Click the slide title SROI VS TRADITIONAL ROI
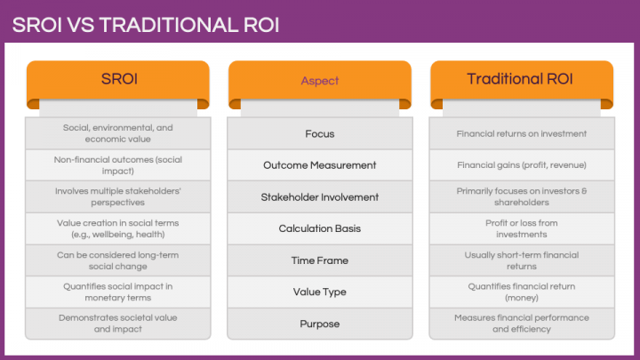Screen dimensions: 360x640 coord(146,24)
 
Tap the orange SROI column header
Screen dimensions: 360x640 coord(117,80)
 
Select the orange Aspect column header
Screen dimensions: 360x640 coord(319,80)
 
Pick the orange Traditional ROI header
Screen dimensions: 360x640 coord(521,80)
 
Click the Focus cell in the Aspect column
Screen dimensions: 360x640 coord(319,133)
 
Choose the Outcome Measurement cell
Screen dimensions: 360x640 coord(319,165)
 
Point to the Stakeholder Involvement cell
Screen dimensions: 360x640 coord(319,196)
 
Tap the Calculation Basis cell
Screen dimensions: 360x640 coord(319,228)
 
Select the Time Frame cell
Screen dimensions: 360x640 coord(319,260)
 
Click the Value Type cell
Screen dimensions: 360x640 coord(319,292)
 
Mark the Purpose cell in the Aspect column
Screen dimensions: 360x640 coord(319,324)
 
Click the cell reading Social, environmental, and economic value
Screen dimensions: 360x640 coord(117,133)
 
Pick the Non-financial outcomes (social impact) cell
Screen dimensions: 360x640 coord(117,165)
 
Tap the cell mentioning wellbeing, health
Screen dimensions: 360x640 coord(117,228)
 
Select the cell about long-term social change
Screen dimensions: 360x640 coord(117,260)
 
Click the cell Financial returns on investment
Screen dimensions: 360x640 coord(521,133)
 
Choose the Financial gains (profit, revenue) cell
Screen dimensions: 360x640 coord(521,165)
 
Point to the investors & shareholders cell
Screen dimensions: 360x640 coord(521,196)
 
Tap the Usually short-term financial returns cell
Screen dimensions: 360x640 coord(521,260)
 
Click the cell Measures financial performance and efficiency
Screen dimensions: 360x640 coord(521,324)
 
